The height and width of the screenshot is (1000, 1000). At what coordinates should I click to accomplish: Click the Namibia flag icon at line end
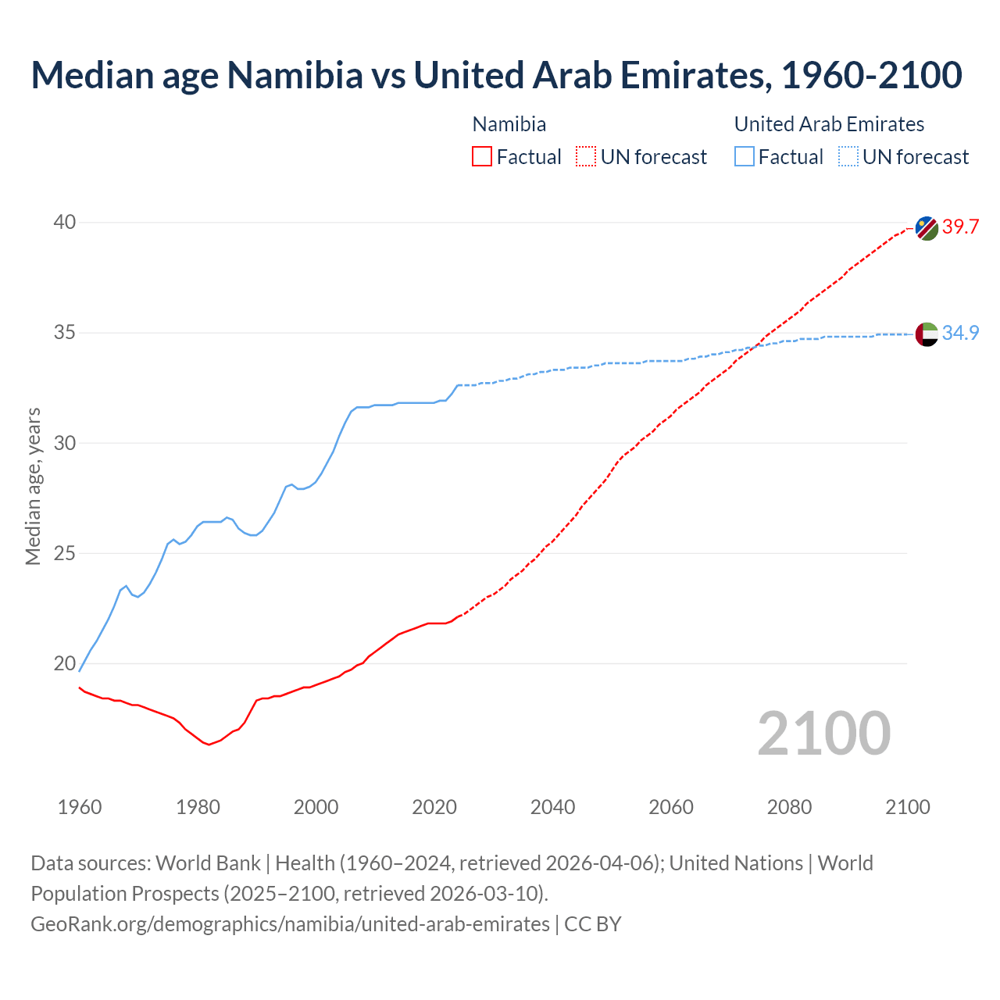927,228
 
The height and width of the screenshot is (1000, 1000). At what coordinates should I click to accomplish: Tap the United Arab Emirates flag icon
927,334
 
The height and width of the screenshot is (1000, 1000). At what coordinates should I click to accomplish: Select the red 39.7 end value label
960,227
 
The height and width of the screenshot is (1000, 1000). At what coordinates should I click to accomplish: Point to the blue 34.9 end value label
960,333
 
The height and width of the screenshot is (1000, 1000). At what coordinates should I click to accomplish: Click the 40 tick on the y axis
64,223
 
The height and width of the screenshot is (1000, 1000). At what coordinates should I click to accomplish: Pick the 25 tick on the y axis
64,554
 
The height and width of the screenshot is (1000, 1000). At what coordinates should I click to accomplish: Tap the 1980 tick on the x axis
198,807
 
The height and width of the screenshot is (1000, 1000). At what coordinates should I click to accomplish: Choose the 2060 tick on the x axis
671,807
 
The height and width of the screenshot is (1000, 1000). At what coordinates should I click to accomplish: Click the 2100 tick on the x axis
907,807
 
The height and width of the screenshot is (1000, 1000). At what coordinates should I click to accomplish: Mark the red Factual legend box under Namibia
482,156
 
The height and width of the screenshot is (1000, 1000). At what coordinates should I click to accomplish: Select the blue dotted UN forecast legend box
848,156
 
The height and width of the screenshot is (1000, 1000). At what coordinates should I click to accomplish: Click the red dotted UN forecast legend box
586,156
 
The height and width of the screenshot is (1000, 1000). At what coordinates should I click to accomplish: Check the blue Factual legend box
745,156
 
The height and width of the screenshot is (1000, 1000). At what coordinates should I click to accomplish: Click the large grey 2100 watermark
823,733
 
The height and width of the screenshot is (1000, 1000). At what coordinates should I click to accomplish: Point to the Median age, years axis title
33,486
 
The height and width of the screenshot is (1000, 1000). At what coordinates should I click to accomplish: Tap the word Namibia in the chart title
295,75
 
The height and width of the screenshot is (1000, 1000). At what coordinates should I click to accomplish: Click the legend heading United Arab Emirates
829,124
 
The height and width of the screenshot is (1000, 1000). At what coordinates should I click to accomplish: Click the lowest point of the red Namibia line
209,745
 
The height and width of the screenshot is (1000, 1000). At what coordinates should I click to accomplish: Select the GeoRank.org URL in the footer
290,924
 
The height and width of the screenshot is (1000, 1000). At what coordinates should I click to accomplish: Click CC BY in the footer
593,924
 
